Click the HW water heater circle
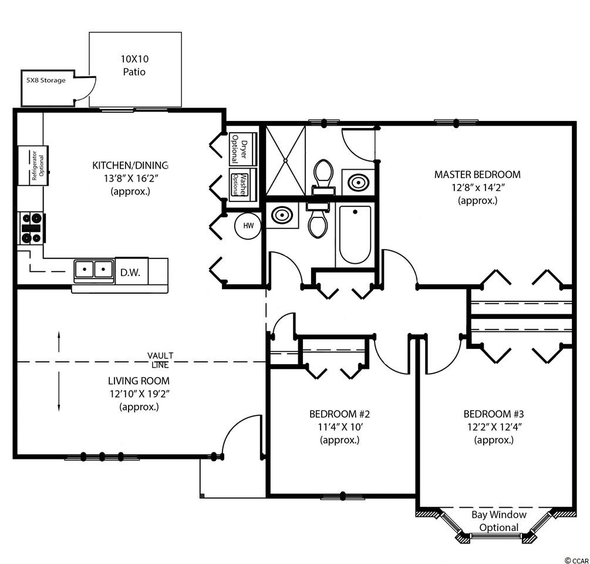click(248, 226)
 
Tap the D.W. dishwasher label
click(130, 273)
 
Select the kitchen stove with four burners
click(32, 228)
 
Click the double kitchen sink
click(94, 270)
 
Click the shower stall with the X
click(285, 160)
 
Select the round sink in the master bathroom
click(358, 182)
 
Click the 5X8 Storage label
click(46, 80)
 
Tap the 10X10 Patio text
click(134, 65)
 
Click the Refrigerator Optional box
click(33, 166)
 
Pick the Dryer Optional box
click(242, 149)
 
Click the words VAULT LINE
click(160, 360)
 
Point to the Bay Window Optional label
click(499, 521)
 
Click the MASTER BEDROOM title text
click(477, 174)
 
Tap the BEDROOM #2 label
click(339, 414)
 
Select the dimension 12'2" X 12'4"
click(494, 427)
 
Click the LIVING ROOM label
click(139, 381)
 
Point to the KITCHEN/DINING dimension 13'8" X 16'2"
click(130, 178)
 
